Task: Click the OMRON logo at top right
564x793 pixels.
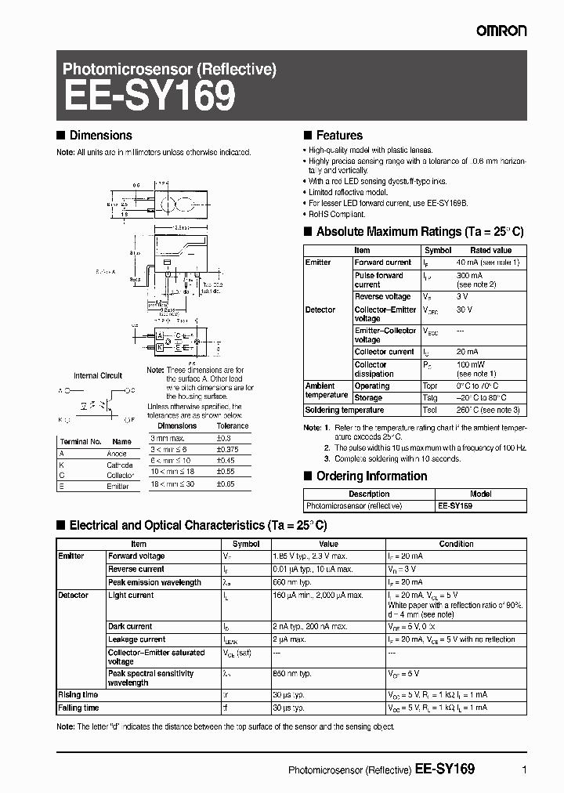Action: (x=502, y=31)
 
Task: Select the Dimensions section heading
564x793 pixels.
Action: (x=100, y=136)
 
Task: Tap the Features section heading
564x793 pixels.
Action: (x=338, y=136)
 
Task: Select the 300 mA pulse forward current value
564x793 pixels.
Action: (x=471, y=276)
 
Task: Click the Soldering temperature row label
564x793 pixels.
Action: (x=344, y=410)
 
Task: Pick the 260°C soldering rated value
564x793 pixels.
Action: (x=487, y=410)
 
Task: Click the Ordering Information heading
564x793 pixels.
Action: (x=371, y=476)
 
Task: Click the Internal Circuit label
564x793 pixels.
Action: (x=98, y=375)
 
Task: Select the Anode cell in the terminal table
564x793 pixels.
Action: (x=116, y=454)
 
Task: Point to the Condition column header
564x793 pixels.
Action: (x=456, y=544)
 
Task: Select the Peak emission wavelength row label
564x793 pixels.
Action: (x=154, y=582)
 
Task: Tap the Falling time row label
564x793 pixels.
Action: (x=79, y=708)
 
